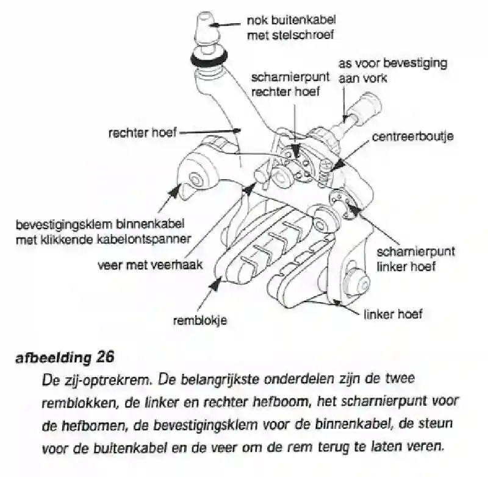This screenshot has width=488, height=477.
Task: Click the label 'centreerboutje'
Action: point(412,136)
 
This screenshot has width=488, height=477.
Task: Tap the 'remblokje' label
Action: point(200,320)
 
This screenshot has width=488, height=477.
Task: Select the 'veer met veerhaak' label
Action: point(150,265)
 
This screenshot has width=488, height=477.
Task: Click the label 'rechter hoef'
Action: point(143,133)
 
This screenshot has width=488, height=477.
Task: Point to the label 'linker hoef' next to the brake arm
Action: point(393,314)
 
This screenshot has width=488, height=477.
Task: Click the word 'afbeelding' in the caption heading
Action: point(53,358)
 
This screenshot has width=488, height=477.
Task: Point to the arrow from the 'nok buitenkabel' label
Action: point(228,24)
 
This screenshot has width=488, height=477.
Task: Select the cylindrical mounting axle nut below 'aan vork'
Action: point(365,109)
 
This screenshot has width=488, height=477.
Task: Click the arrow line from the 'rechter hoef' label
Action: point(210,132)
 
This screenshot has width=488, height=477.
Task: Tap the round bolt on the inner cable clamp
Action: point(196,179)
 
